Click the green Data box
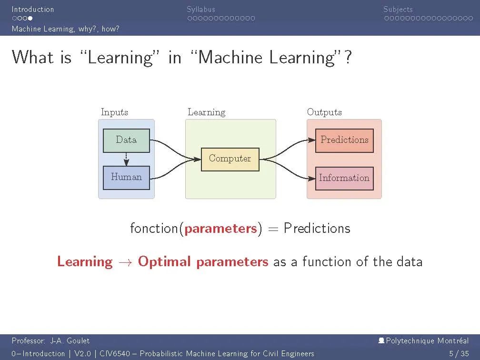coord(126,140)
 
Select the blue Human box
coord(126,177)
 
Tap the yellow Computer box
coord(230,159)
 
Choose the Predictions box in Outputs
coord(344,140)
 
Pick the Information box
coord(344,178)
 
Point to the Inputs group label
coord(114,112)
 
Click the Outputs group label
coord(324,112)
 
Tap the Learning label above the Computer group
coord(206,112)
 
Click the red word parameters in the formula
coord(221,229)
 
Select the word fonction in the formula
coord(154,229)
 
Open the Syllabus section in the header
coord(200,9)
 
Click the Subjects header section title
coord(398,9)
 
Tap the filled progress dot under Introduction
coord(30,19)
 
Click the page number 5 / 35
coord(459,353)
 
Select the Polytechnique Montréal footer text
coord(427,340)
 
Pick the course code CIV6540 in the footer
coord(115,353)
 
